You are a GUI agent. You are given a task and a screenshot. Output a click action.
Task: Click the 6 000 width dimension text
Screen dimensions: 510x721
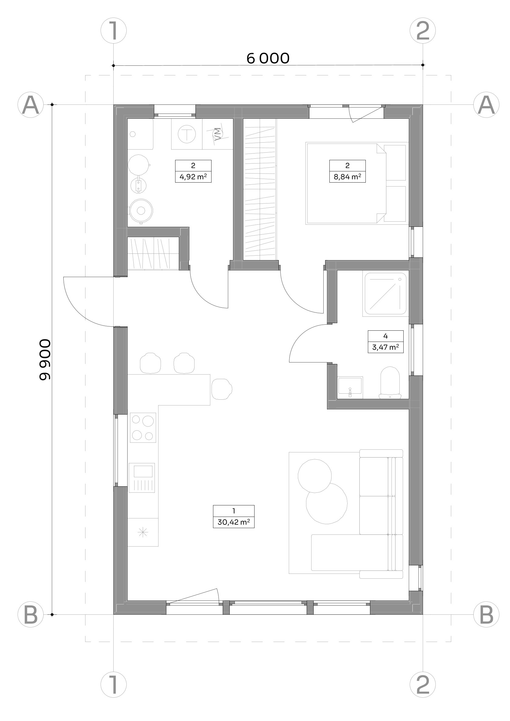268,58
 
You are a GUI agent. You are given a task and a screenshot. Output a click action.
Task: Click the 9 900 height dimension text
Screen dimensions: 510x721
44,359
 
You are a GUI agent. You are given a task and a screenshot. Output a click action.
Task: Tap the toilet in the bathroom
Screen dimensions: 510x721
390,383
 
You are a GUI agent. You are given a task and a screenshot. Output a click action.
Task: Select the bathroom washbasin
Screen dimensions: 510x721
350,388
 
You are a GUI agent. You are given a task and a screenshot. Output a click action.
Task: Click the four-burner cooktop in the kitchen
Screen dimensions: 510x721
143,427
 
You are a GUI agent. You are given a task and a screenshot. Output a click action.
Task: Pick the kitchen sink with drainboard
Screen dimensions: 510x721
142,477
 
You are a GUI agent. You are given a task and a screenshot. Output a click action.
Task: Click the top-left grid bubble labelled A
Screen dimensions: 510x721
31,104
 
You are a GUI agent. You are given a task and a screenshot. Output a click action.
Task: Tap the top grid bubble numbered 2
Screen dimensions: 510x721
423,31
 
